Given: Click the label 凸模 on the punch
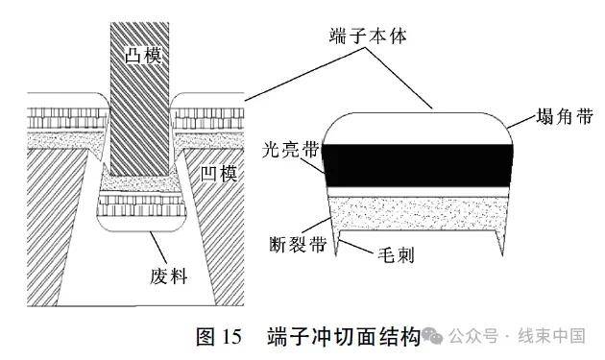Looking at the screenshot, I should point(141,54).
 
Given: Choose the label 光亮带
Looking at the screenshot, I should point(285,150).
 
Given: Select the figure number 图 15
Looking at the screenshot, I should point(218,336).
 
